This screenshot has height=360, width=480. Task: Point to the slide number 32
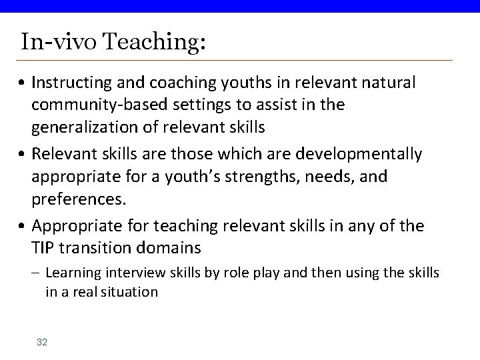pyautogui.click(x=42, y=342)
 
